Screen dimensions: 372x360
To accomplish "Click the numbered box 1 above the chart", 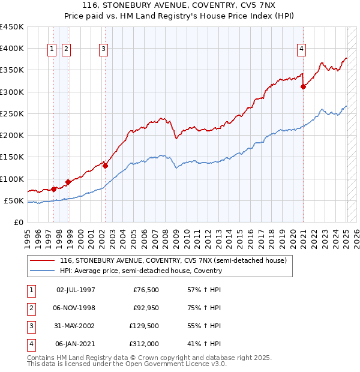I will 52,49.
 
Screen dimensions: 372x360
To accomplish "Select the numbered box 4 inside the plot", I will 301,49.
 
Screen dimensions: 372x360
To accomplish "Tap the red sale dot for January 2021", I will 304,87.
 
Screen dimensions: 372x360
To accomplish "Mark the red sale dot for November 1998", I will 68,182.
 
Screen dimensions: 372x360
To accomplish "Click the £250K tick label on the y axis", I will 11,113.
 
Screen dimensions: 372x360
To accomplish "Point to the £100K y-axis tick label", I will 11,179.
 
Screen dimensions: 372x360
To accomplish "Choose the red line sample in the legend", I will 42,260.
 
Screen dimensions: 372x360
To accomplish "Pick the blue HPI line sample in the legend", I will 42,271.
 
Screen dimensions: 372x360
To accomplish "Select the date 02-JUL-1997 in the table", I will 76,290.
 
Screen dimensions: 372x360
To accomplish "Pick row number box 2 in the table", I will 31,308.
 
